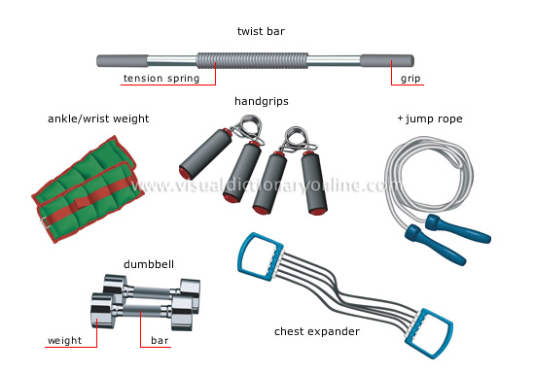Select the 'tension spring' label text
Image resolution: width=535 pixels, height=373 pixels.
pyautogui.click(x=160, y=79)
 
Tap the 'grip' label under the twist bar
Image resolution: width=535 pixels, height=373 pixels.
pyautogui.click(x=410, y=79)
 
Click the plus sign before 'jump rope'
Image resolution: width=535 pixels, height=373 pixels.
pyautogui.click(x=400, y=119)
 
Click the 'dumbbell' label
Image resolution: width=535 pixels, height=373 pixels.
pyautogui.click(x=145, y=263)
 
